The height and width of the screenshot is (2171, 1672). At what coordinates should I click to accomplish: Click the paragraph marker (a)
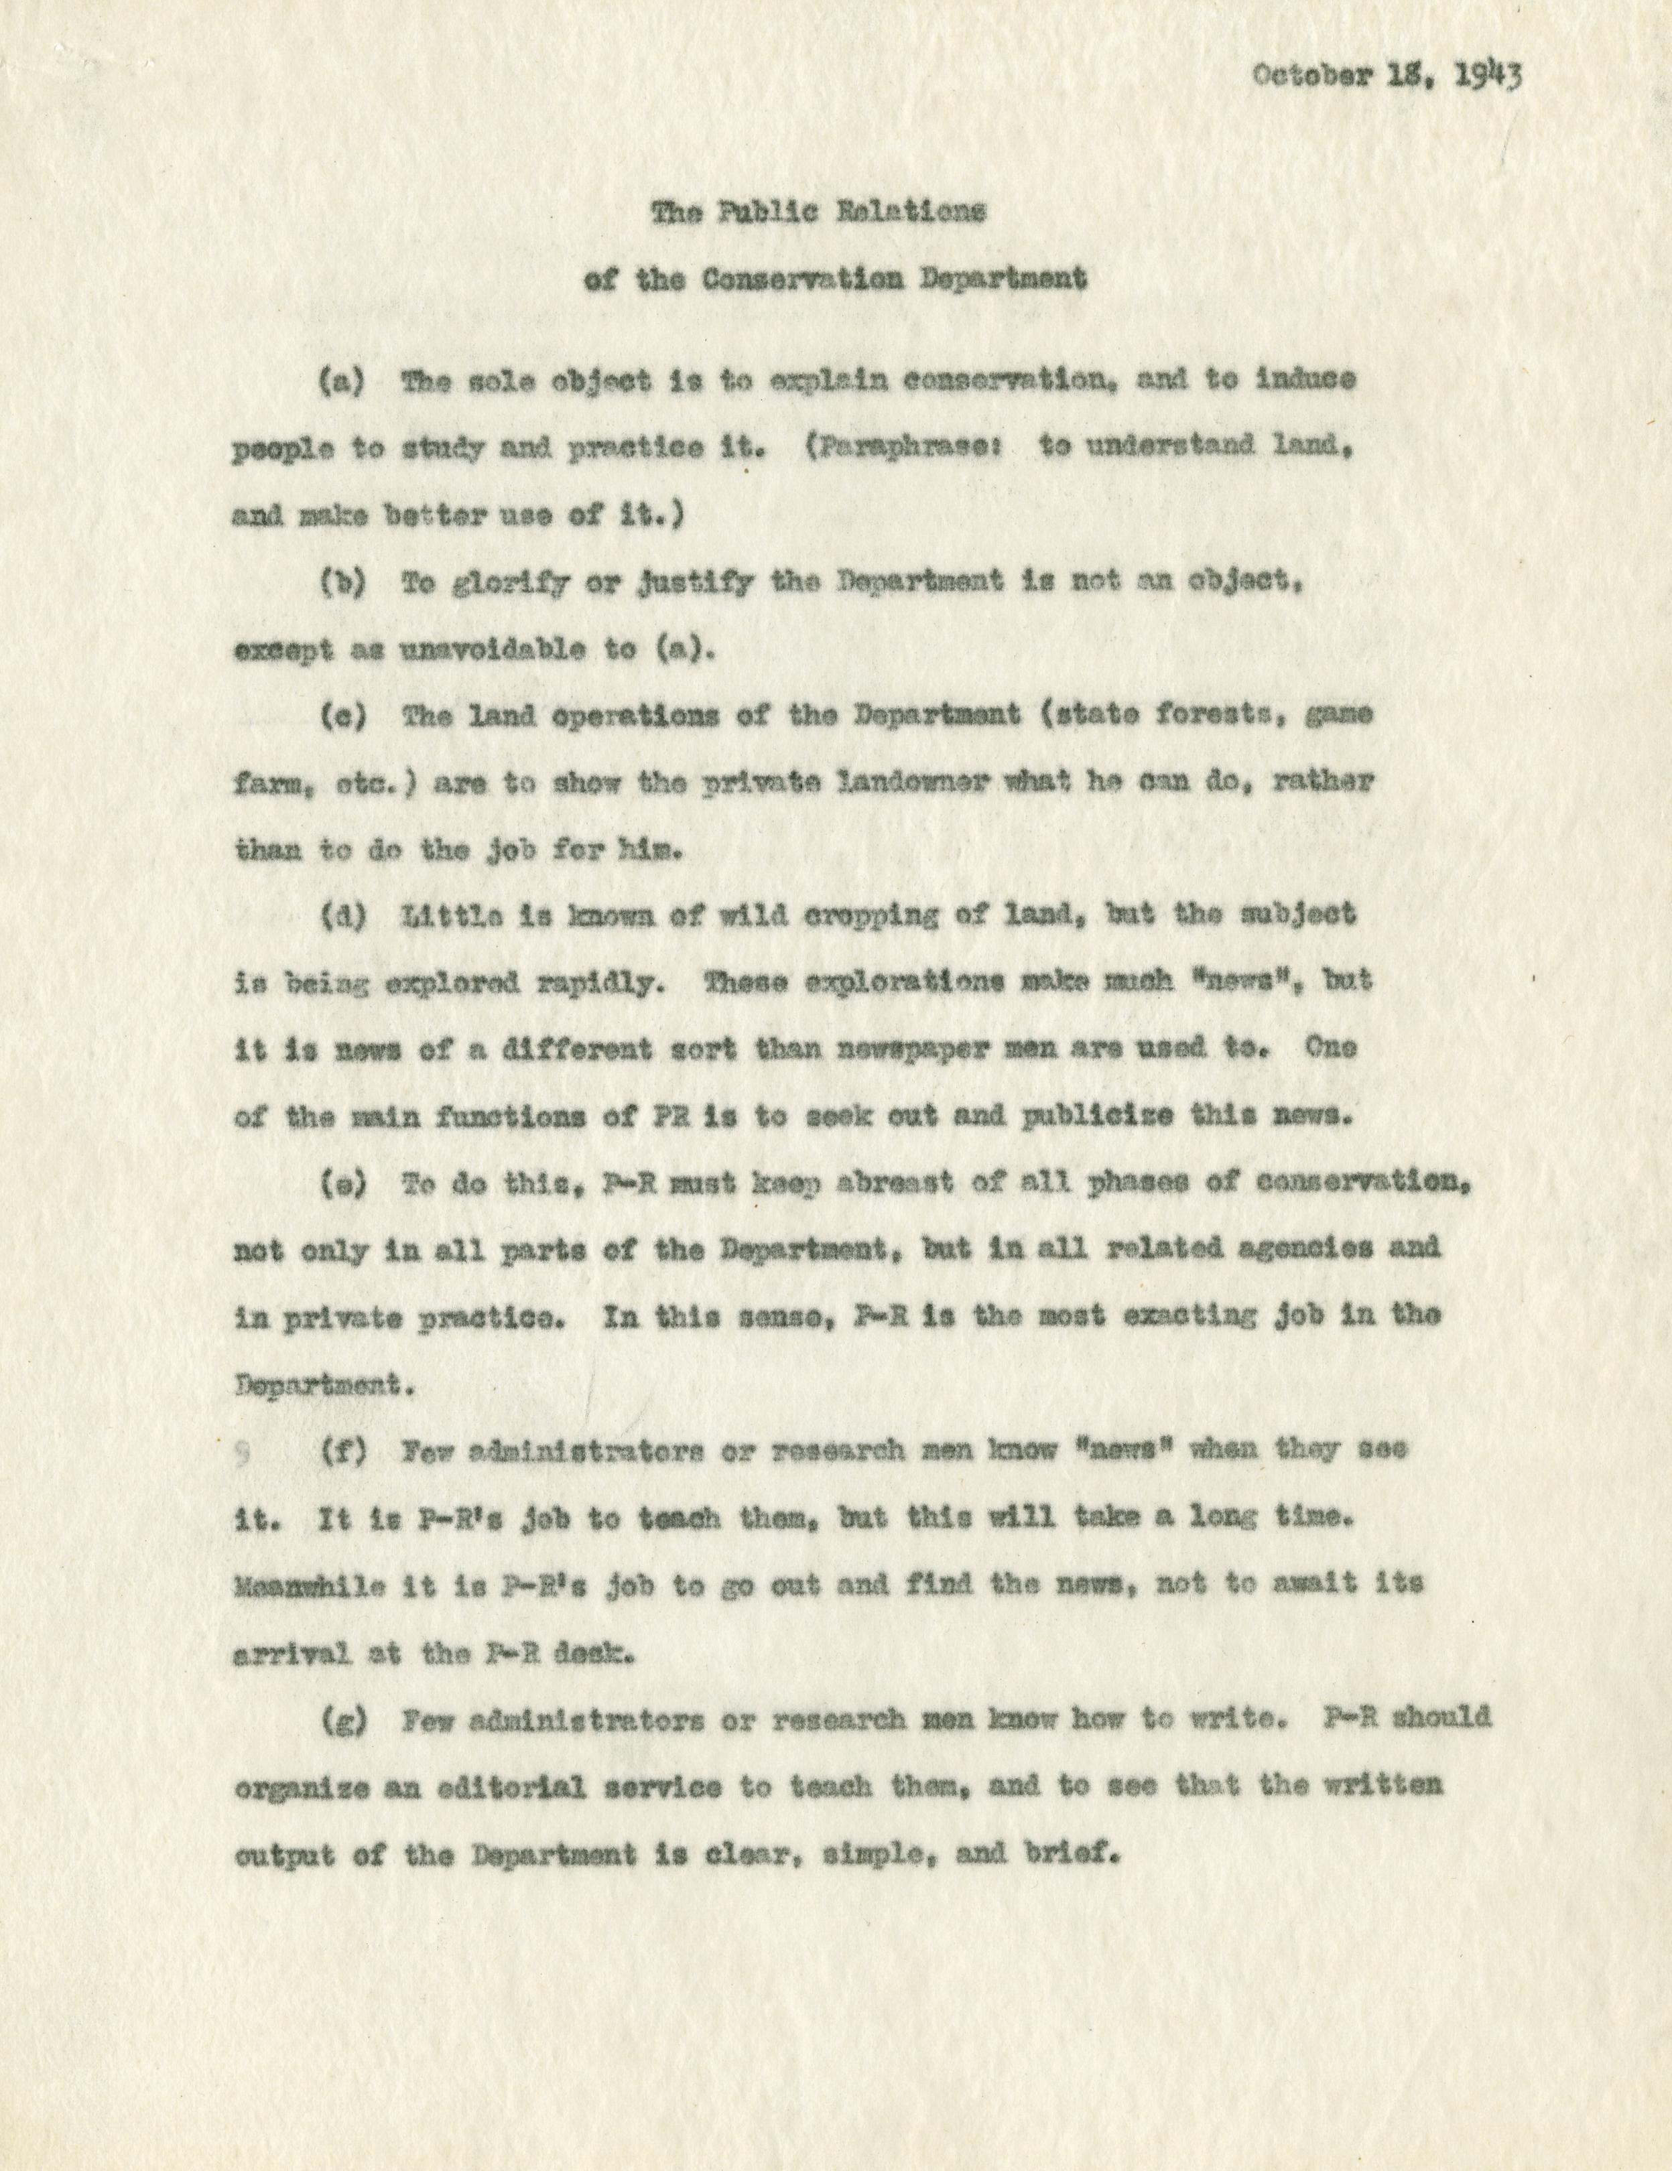coord(342,383)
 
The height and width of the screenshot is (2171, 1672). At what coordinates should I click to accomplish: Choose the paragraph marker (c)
coord(342,718)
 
